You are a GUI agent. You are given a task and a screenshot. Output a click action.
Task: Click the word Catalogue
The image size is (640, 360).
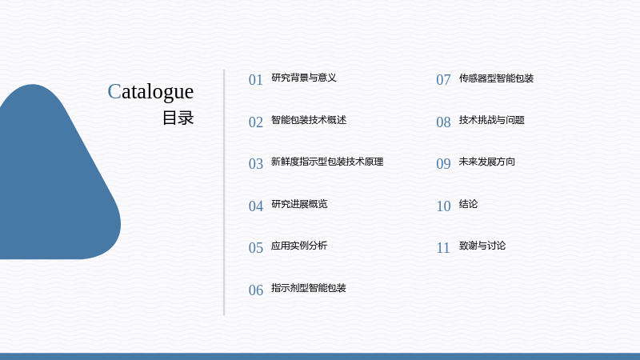tap(150, 92)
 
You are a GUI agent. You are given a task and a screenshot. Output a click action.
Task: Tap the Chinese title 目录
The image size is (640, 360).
tap(178, 118)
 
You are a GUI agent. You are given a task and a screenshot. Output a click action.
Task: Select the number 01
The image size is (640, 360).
tap(256, 79)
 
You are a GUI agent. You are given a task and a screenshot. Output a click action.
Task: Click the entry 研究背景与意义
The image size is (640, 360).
tap(304, 78)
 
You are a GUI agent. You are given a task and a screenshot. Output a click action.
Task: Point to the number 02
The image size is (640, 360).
tap(256, 122)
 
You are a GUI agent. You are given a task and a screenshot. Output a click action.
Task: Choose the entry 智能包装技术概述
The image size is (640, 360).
tap(309, 120)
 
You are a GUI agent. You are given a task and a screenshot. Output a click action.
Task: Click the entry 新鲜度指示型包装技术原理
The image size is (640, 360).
tap(327, 162)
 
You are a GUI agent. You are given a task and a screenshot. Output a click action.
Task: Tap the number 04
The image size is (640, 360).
tap(256, 206)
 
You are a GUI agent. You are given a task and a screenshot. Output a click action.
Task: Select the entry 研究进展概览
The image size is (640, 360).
tap(299, 204)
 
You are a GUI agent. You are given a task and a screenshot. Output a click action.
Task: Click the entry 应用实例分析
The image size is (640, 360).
tap(299, 246)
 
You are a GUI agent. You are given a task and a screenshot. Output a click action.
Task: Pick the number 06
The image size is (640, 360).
tap(256, 290)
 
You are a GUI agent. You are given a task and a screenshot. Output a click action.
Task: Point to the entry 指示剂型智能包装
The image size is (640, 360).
tap(309, 288)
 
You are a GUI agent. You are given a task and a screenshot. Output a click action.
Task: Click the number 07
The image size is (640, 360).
tap(443, 79)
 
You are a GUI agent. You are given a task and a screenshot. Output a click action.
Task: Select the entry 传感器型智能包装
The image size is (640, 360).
tap(496, 78)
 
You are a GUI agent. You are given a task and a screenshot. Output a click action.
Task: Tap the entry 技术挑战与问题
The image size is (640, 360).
tap(492, 120)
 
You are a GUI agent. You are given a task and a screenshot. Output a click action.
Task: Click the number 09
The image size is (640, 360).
tap(443, 164)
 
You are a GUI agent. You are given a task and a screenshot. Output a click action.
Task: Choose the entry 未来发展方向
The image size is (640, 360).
tap(487, 162)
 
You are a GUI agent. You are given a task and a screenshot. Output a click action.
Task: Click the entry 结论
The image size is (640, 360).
tap(468, 204)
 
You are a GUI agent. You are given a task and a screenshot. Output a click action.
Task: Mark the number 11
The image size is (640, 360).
tap(443, 248)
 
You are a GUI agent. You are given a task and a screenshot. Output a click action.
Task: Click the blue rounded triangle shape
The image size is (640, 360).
tap(53, 184)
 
